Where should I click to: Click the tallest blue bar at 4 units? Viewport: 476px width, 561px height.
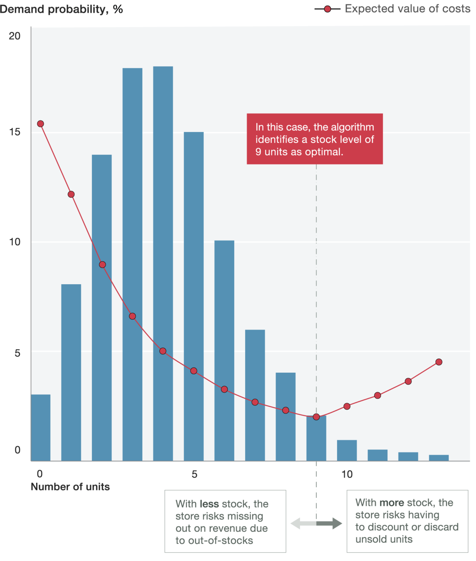(163, 262)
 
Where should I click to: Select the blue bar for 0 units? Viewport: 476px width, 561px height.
(40, 428)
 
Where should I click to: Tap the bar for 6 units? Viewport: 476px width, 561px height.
(224, 349)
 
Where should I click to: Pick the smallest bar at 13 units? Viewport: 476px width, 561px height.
(439, 458)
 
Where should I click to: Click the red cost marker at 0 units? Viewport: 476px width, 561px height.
(40, 124)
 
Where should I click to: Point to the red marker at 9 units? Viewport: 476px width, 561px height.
(316, 417)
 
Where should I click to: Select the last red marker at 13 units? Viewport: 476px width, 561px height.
(439, 362)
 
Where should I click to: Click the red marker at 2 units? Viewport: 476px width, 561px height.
(102, 265)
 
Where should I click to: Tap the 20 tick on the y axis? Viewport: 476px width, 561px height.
(15, 36)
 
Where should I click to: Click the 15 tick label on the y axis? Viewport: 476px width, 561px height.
(15, 132)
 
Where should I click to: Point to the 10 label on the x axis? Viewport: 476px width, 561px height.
(347, 474)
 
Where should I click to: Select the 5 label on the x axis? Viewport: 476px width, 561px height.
(194, 474)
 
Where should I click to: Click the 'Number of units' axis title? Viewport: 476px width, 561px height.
(70, 487)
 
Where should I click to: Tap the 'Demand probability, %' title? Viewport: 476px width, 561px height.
(62, 9)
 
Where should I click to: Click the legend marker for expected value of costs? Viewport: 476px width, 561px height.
(327, 9)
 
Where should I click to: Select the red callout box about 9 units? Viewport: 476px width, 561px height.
(315, 139)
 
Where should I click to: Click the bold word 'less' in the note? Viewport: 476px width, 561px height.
(209, 504)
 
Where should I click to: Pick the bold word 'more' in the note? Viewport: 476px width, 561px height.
(392, 503)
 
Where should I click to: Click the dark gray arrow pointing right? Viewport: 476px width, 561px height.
(331, 523)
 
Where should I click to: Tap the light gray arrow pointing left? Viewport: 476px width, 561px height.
(301, 523)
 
